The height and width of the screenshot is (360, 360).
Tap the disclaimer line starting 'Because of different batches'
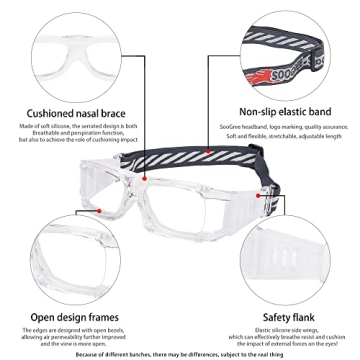pyautogui.click(x=180, y=353)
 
